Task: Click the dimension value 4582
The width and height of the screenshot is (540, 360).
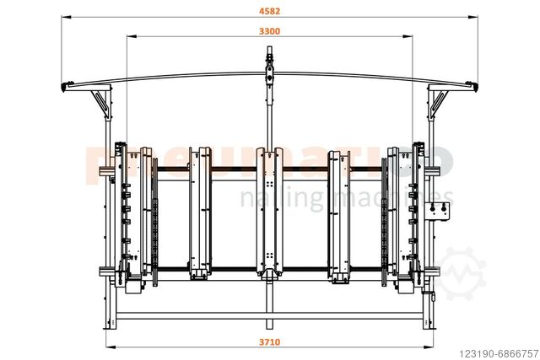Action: (270, 12)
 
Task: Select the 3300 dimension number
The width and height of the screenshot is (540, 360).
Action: (270, 31)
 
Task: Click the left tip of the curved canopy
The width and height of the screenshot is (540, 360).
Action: (66, 89)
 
